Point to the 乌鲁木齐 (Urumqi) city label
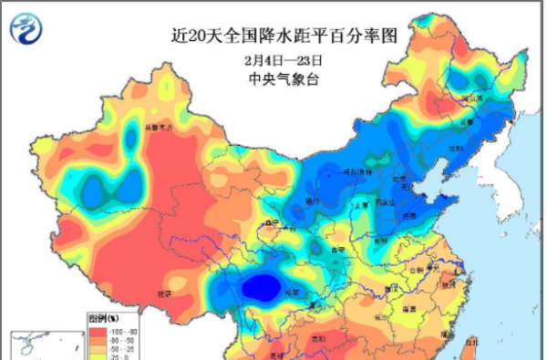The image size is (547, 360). click(x=159, y=128)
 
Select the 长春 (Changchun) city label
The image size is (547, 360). click(x=467, y=120)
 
